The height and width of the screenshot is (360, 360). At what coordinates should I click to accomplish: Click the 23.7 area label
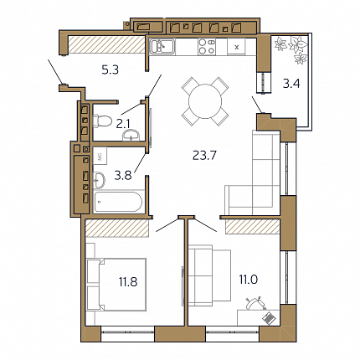(204, 155)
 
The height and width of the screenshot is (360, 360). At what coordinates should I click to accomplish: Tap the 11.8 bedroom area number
(128, 282)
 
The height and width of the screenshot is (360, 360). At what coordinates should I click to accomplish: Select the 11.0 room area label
(249, 279)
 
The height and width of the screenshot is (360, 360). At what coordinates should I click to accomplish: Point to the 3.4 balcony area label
(291, 84)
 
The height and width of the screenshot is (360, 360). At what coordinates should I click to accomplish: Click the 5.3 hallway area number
(111, 69)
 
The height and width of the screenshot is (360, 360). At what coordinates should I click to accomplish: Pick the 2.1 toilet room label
(123, 124)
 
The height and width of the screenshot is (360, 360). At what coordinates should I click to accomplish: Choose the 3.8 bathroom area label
(123, 175)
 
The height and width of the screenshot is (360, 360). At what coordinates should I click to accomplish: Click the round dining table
(205, 101)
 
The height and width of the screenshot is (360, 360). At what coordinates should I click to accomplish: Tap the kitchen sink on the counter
(162, 46)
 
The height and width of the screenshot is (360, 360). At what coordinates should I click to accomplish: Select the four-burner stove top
(207, 46)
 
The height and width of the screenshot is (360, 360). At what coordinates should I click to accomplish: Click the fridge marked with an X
(237, 47)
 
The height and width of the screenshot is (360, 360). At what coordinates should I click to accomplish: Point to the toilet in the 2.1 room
(100, 121)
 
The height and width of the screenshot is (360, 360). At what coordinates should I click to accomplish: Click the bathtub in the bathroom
(118, 202)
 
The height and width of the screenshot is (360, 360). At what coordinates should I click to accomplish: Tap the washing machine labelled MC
(100, 157)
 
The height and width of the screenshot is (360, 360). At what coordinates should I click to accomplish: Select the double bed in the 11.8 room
(116, 285)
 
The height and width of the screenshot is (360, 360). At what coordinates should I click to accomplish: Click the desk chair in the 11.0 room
(254, 304)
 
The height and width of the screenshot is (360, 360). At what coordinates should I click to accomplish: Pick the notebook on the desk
(269, 318)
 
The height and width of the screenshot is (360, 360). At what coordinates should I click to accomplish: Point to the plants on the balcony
(291, 49)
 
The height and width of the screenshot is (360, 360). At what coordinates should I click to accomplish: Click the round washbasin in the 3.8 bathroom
(99, 179)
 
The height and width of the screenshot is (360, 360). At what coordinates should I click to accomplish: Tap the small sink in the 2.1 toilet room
(131, 135)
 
